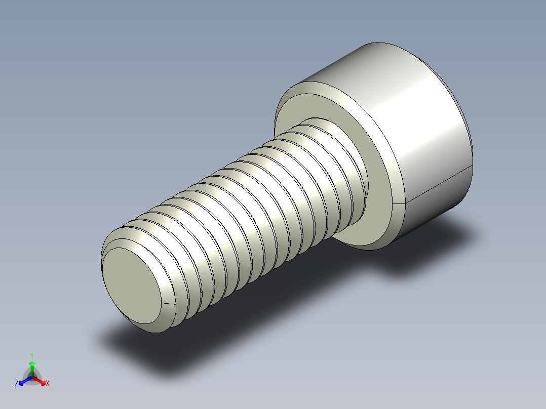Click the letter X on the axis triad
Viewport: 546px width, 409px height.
pos(48,384)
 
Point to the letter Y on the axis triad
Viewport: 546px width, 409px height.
pos(32,355)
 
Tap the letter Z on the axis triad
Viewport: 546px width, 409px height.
pos(17,384)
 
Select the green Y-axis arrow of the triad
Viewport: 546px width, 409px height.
pos(32,367)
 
